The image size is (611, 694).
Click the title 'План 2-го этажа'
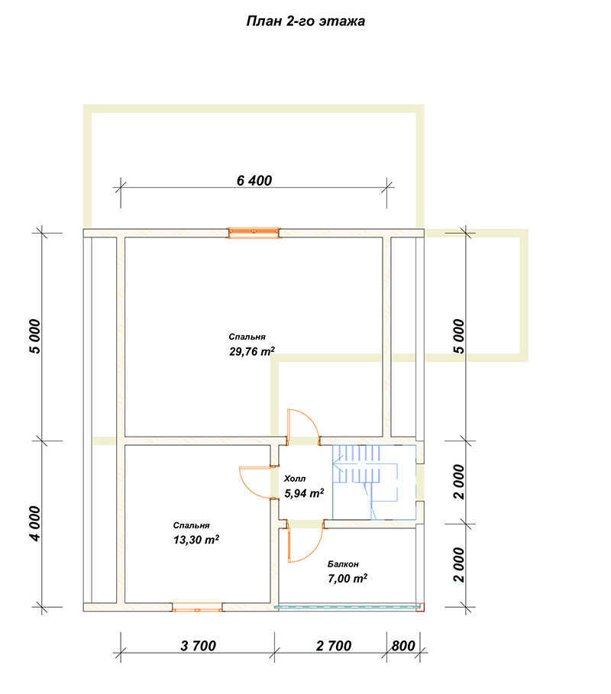[305, 21]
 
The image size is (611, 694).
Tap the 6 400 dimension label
[254, 181]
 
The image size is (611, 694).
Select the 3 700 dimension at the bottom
[198, 646]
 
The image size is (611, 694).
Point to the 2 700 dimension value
[334, 646]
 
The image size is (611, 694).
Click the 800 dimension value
[403, 646]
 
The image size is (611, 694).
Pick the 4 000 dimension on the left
[35, 524]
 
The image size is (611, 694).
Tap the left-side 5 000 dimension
[35, 337]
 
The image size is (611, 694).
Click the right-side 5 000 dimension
[459, 337]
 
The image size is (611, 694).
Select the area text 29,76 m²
[252, 352]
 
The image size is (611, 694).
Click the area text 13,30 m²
[196, 540]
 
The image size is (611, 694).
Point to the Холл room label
[295, 479]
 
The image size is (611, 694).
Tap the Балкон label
[343, 564]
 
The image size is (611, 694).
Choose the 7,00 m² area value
[348, 579]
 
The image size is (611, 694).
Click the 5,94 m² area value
[304, 493]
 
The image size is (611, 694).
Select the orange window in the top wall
[254, 233]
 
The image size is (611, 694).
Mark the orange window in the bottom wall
[197, 607]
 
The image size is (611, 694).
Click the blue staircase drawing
[374, 482]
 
